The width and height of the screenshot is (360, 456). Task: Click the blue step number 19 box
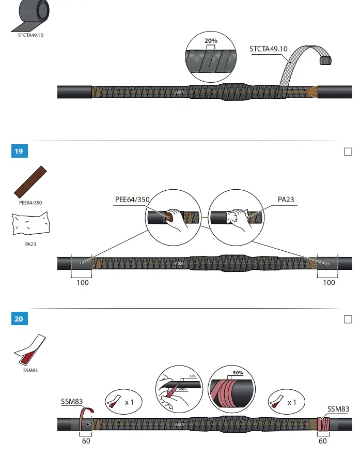[19, 151]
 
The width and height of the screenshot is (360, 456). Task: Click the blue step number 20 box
[19, 319]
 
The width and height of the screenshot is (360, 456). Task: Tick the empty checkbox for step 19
[348, 151]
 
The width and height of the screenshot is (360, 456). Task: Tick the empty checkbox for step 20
[348, 319]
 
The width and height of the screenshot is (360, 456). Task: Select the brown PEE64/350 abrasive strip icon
[30, 182]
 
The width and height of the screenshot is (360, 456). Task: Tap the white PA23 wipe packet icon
[30, 225]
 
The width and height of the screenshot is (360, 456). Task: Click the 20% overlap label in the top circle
[210, 41]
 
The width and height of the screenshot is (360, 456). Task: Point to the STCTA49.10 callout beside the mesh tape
[268, 49]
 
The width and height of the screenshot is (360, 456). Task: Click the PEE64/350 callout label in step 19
[132, 200]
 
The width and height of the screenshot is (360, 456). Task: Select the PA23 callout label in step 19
[286, 200]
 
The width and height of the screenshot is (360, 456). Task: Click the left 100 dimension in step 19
[82, 283]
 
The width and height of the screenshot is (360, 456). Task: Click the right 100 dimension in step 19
[328, 283]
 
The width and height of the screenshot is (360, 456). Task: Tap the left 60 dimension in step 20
[87, 441]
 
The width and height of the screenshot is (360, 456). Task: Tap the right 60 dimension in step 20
[323, 441]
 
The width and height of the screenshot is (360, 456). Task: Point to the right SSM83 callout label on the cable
[338, 409]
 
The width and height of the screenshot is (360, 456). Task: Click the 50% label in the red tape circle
[238, 373]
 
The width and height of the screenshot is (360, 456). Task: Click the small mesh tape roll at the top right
[325, 60]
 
